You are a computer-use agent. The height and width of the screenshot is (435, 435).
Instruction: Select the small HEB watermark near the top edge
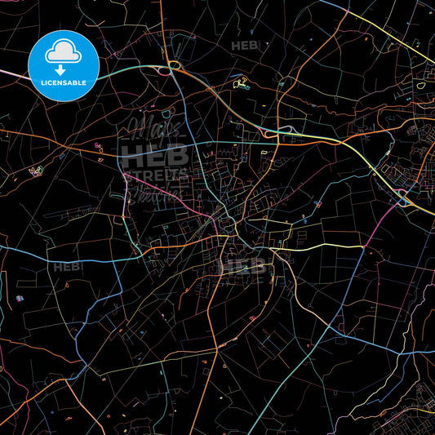point(244,46)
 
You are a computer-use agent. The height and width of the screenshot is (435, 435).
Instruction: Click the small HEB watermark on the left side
point(66,267)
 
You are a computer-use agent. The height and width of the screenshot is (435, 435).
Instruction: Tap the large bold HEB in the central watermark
point(154,156)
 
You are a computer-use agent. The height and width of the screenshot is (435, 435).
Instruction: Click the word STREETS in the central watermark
point(155,175)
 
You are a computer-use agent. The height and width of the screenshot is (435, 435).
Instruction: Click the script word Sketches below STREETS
point(155,193)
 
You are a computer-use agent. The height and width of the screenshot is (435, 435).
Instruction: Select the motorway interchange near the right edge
point(402,197)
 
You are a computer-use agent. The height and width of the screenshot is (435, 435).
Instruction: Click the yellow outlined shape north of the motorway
point(242,82)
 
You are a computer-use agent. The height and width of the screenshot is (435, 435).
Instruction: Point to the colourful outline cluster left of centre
point(35,171)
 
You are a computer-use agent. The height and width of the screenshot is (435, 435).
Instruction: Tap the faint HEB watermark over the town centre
point(245,265)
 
